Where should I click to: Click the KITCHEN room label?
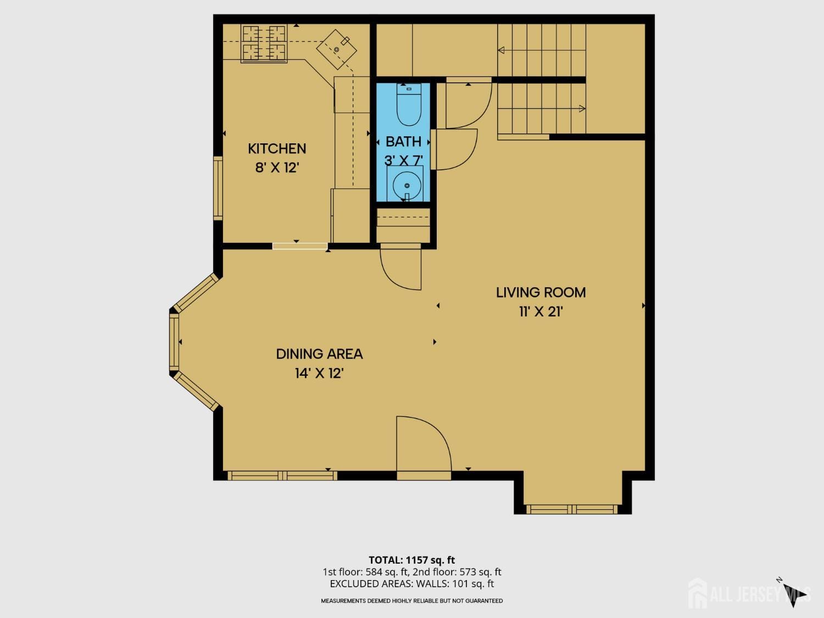pos(277,148)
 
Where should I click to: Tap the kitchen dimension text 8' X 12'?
pos(276,168)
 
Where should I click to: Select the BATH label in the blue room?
pos(403,141)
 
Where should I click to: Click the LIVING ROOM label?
pos(541,292)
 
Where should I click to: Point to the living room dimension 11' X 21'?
pos(541,311)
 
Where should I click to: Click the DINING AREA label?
pos(319,354)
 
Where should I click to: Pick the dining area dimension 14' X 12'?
pos(319,374)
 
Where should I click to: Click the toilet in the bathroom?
pos(409,105)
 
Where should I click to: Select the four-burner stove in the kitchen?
pos(264,43)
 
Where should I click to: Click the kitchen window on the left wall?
pos(218,188)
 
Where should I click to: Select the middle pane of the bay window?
pos(174,342)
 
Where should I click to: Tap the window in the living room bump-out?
pos(572,509)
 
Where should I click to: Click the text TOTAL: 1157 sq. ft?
pos(411,560)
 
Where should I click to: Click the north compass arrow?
pos(793,594)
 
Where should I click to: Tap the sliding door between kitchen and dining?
pos(300,246)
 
